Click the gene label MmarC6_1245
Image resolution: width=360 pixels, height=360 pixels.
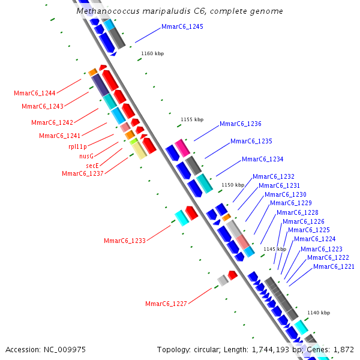click(182, 27)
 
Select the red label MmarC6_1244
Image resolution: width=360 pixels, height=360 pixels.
click(35, 93)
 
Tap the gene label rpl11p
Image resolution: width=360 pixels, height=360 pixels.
click(77, 146)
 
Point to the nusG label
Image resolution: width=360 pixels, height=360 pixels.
click(86, 155)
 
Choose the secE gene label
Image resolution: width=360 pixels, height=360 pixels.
click(92, 165)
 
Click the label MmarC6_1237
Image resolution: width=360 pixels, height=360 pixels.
click(83, 173)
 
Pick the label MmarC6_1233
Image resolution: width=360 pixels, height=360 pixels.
click(125, 241)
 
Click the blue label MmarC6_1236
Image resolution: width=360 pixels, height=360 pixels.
click(241, 124)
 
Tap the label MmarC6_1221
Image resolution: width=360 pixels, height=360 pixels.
click(334, 266)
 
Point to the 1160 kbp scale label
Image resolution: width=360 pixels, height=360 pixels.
click(152, 53)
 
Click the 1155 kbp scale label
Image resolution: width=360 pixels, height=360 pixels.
click(192, 119)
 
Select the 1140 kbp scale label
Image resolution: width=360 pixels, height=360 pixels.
click(319, 313)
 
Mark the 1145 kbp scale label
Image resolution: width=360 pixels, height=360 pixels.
click(275, 249)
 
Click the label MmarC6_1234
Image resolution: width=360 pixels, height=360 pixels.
click(262, 159)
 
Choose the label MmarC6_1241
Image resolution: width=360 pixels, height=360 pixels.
click(60, 136)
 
